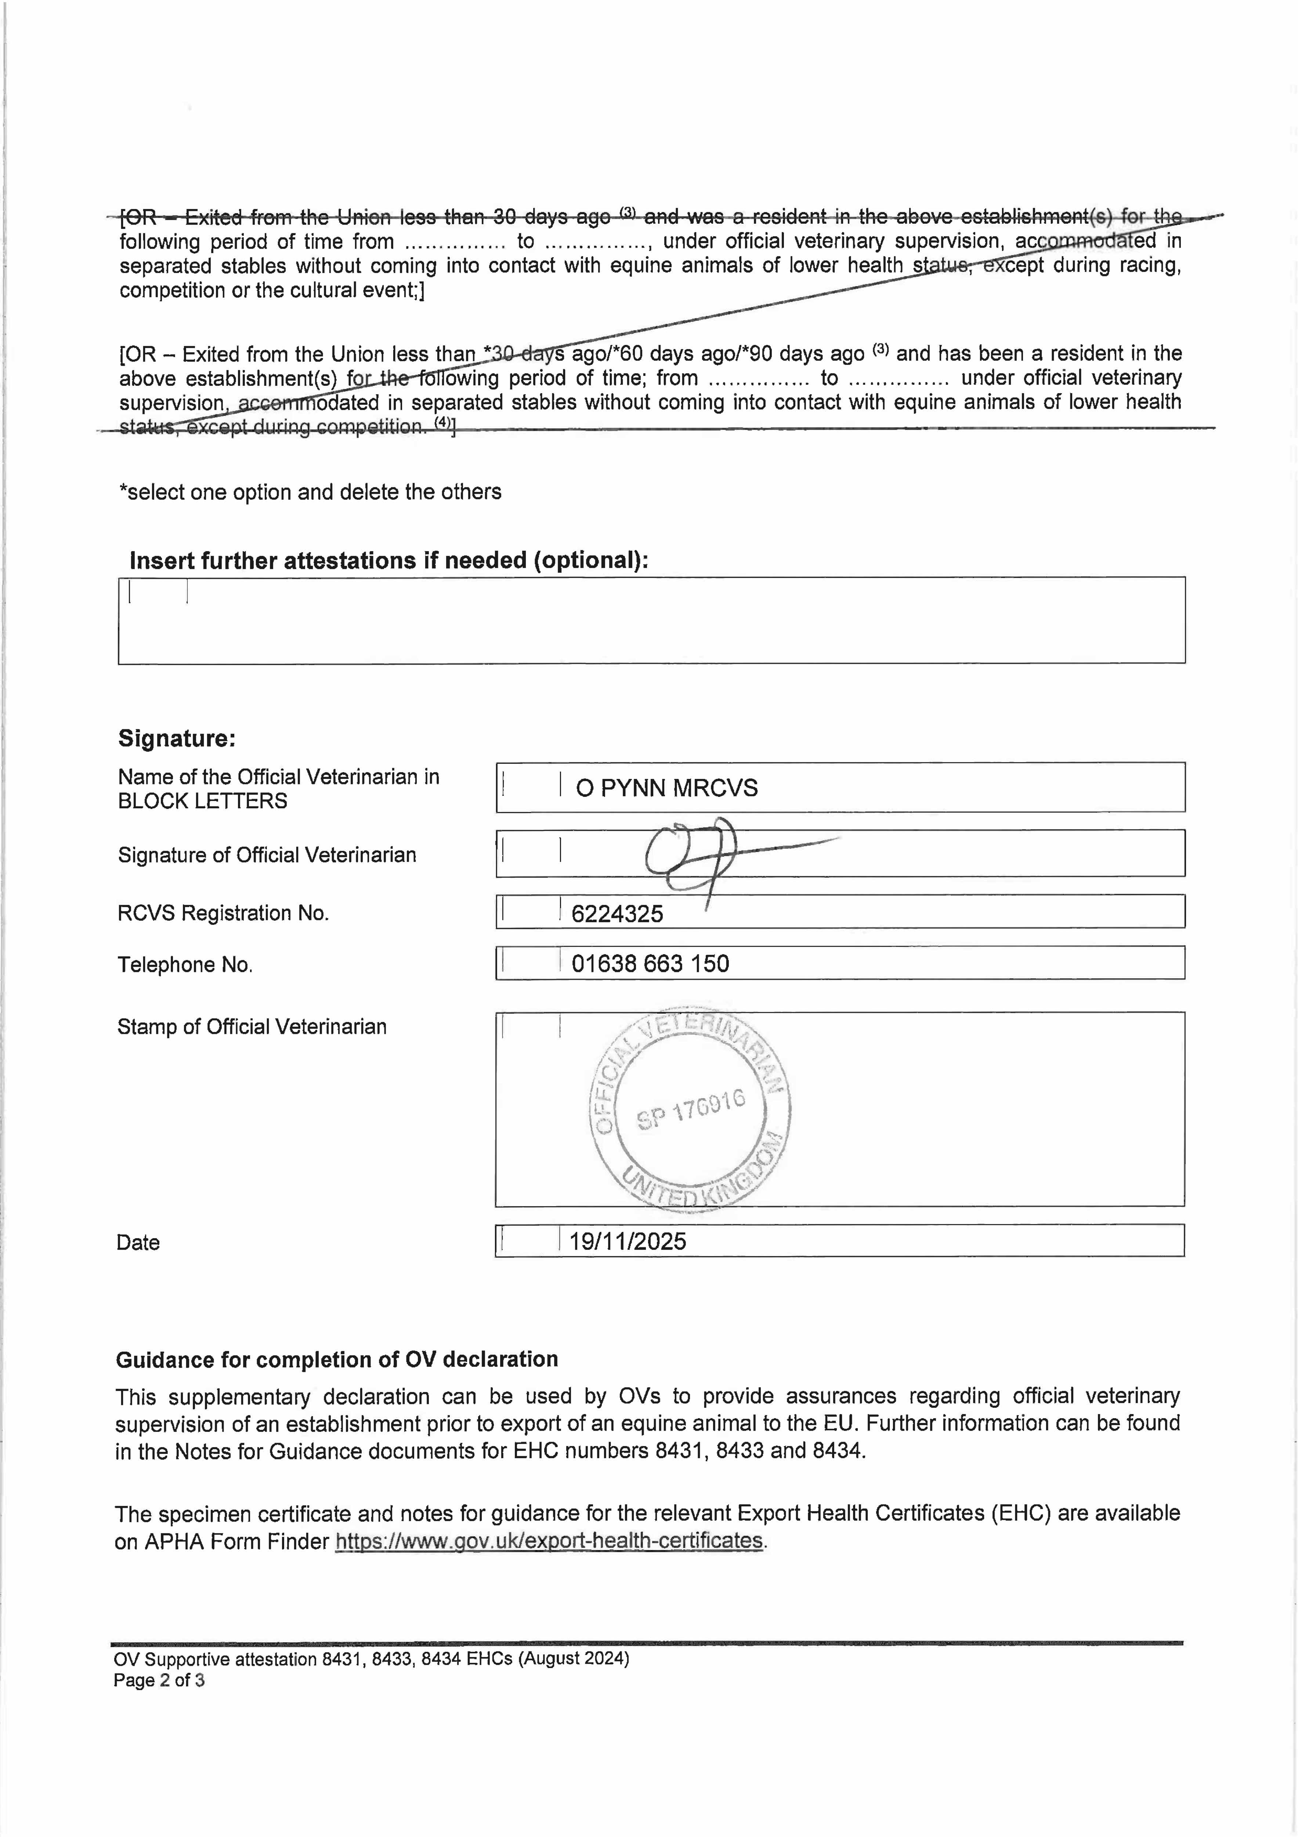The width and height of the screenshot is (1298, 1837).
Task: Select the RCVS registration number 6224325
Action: pyautogui.click(x=617, y=914)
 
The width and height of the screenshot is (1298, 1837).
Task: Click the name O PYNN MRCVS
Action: pyautogui.click(x=666, y=788)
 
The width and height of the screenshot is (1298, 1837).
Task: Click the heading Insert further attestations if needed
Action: pyautogui.click(x=389, y=560)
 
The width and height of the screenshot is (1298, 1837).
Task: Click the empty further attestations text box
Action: pyautogui.click(x=651, y=621)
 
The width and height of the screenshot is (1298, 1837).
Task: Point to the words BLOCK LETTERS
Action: pyautogui.click(x=202, y=801)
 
